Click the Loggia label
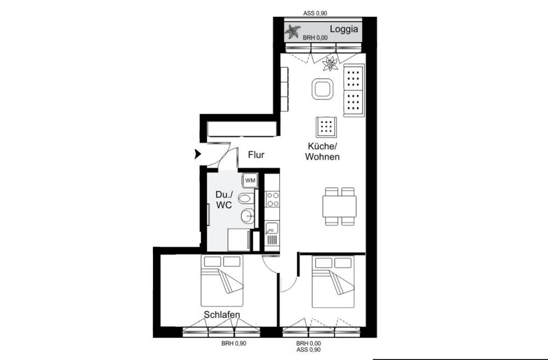pyautogui.click(x=343, y=30)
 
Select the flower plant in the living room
pyautogui.click(x=330, y=64)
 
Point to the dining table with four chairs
pyautogui.click(x=339, y=207)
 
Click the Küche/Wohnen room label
pyautogui.click(x=323, y=151)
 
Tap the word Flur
pyautogui.click(x=255, y=155)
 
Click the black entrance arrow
pyautogui.click(x=198, y=155)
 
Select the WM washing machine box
pyautogui.click(x=249, y=180)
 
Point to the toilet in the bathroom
pyautogui.click(x=248, y=198)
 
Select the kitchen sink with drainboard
pyautogui.click(x=271, y=233)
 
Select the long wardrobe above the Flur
pyautogui.click(x=241, y=129)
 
